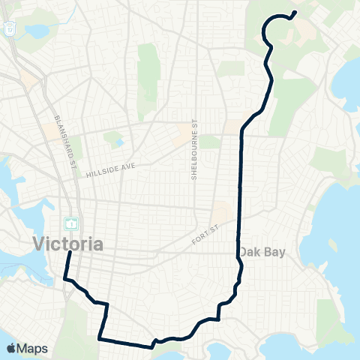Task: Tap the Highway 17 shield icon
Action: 10,28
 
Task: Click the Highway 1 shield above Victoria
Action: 71,223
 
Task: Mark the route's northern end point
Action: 295,12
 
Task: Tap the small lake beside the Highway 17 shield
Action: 34,31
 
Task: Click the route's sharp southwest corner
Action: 100,338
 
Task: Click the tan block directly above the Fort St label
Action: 221,213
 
